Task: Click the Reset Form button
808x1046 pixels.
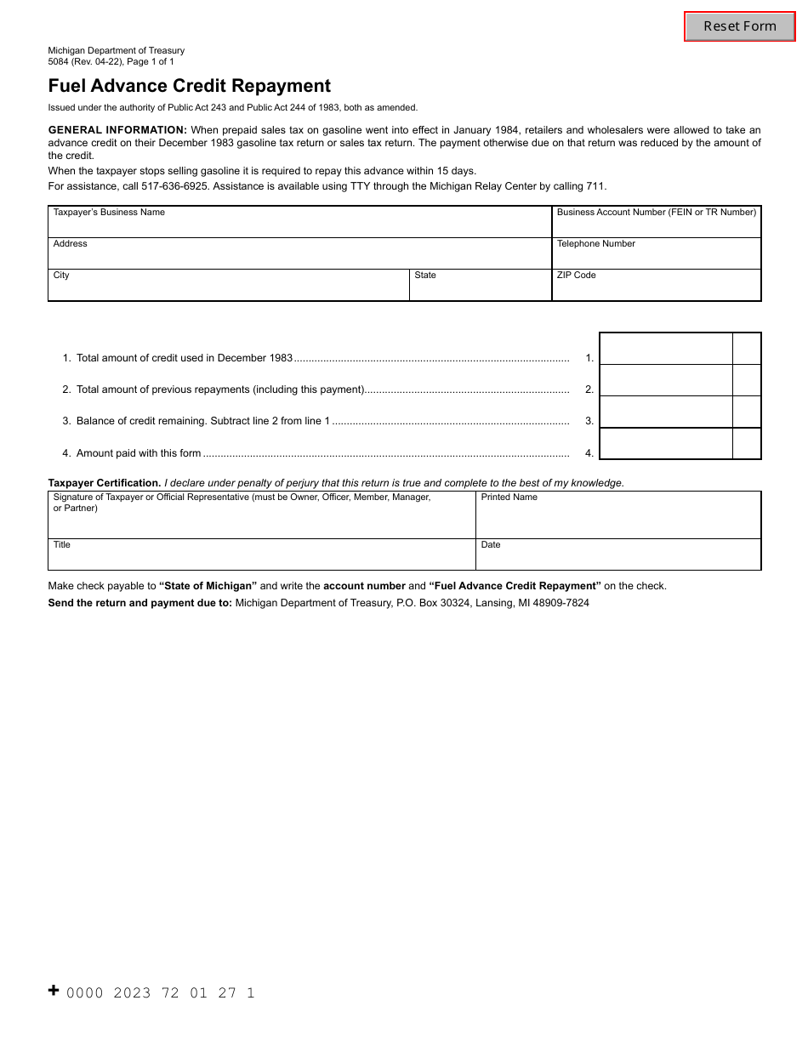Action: click(739, 26)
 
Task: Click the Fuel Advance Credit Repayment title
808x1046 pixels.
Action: click(190, 86)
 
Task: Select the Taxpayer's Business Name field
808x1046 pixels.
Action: click(299, 224)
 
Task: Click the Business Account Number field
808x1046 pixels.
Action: click(656, 225)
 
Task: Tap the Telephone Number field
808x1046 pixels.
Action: click(656, 256)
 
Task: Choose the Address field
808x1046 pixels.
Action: click(299, 256)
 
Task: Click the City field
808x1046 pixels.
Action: click(228, 287)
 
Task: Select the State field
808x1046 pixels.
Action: click(480, 287)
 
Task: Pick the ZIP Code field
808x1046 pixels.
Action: click(656, 287)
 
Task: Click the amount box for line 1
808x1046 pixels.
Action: click(666, 349)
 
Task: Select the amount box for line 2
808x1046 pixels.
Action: click(666, 380)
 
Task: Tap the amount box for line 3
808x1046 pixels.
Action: click(666, 412)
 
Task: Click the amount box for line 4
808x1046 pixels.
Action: click(666, 443)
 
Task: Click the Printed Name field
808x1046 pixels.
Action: click(617, 518)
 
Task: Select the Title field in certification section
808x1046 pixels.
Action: click(261, 557)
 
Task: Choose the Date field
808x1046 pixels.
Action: click(617, 557)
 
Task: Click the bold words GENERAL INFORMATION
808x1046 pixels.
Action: click(117, 130)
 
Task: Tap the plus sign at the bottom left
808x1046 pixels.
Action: click(54, 990)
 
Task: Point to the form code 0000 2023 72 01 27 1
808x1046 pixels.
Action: click(161, 992)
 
